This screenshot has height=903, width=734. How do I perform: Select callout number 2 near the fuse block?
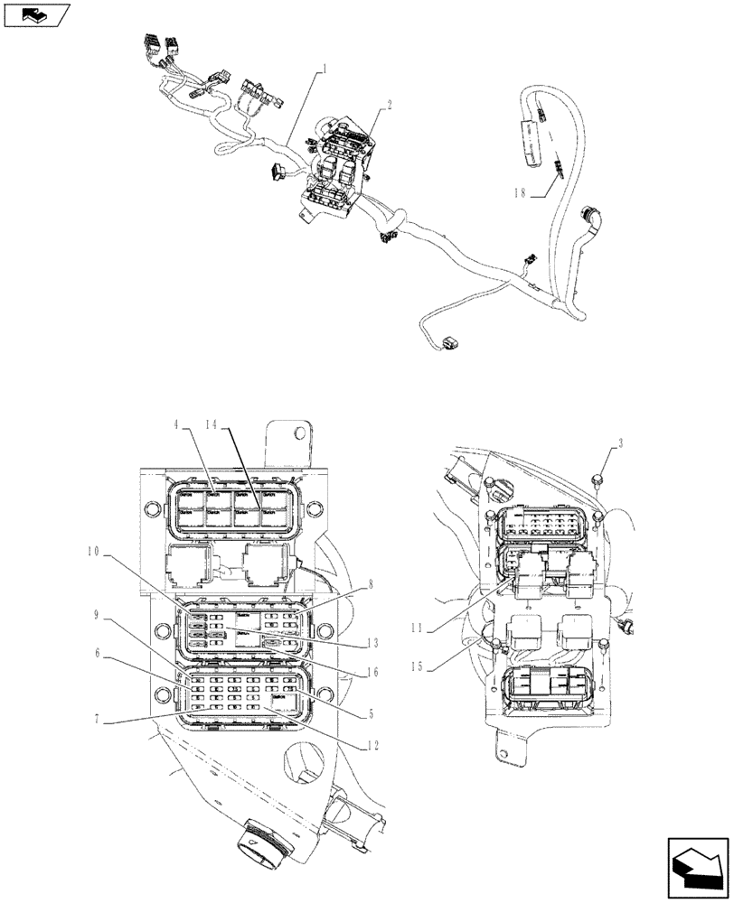point(389,105)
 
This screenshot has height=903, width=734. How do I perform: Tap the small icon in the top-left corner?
point(36,14)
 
